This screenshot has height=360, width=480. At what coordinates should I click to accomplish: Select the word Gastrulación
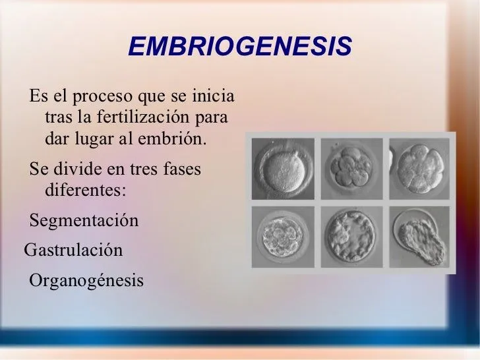(73, 251)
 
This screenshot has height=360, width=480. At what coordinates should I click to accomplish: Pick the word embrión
(170, 140)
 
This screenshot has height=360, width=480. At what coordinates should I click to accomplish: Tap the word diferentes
(85, 190)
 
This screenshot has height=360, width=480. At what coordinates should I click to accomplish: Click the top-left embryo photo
(282, 167)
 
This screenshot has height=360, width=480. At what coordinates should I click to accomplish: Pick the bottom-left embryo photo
(282, 236)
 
